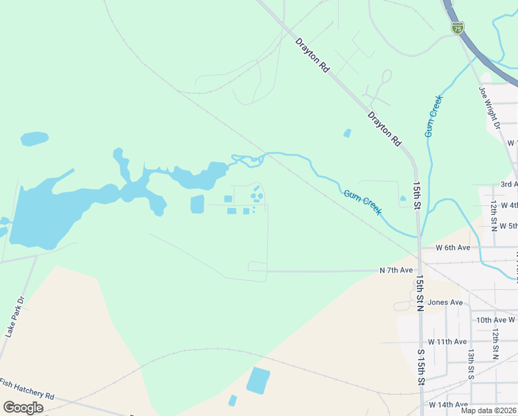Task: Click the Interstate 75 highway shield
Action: [x=457, y=28]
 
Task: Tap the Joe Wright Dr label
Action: [x=490, y=108]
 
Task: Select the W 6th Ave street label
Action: [x=453, y=248]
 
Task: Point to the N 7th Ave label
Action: [x=396, y=270]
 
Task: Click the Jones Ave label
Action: [x=445, y=302]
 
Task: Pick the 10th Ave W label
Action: [x=496, y=320]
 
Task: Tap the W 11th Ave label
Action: [x=447, y=342]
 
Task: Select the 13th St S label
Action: [x=470, y=363]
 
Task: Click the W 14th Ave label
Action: [x=448, y=404]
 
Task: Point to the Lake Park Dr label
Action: [x=15, y=317]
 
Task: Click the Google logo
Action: [x=23, y=407]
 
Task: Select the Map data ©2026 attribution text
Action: [x=488, y=410]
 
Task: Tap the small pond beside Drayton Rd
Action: [x=347, y=133]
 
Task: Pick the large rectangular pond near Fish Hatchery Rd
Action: [x=258, y=380]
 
